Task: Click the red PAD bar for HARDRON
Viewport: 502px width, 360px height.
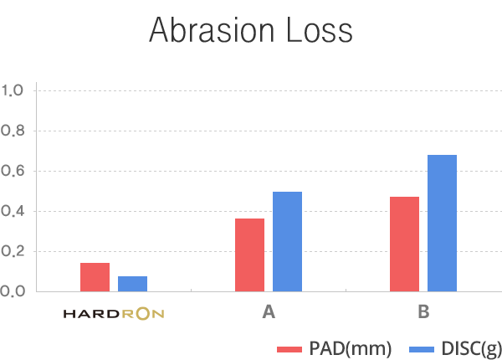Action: (x=95, y=277)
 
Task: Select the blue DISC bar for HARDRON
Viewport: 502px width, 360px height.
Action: (x=132, y=284)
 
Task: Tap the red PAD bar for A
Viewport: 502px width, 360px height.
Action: (x=249, y=255)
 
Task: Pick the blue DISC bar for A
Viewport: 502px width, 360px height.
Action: (x=287, y=241)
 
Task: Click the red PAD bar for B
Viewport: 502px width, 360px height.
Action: (x=404, y=244)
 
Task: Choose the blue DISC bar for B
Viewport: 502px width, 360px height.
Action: (x=442, y=223)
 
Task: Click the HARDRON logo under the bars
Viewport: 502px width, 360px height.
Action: (x=114, y=314)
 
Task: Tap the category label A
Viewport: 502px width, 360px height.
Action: (x=269, y=313)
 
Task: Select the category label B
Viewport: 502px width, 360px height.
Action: (x=423, y=313)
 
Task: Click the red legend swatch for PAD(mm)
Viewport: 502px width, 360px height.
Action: (x=288, y=347)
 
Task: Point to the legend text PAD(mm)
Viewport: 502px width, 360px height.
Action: (x=350, y=347)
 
